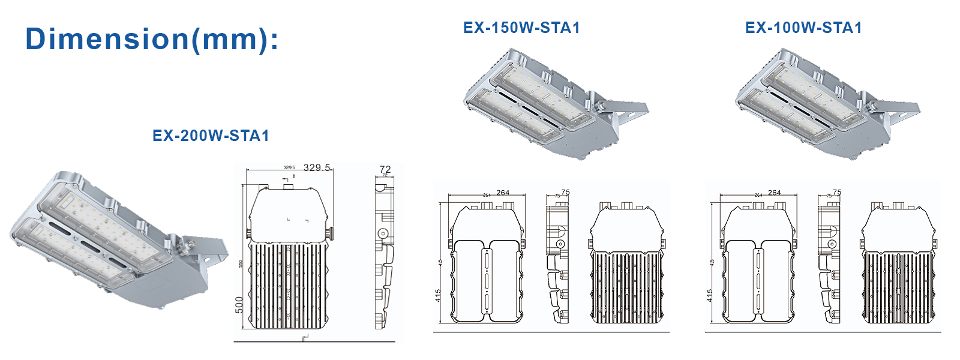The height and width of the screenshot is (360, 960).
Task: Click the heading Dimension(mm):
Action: tap(152, 40)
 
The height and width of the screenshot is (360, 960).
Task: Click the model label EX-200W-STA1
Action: tap(211, 136)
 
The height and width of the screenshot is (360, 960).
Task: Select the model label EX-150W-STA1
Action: tap(521, 28)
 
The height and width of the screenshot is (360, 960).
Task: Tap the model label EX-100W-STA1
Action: tap(803, 28)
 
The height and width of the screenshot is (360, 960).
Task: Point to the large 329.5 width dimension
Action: tap(317, 167)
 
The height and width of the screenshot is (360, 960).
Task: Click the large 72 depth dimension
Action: tap(385, 169)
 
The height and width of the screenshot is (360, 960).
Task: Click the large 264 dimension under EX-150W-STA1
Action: tap(503, 193)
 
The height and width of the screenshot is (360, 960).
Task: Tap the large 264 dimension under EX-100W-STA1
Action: tap(775, 193)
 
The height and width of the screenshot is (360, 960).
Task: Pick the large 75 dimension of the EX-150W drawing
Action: tap(565, 193)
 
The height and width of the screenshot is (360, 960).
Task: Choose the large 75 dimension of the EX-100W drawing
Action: tap(837, 193)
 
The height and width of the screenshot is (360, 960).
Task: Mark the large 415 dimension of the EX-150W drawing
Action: tap(439, 296)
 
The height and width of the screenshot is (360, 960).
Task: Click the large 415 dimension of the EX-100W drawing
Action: tap(710, 296)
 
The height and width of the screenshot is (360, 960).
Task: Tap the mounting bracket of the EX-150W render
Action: tap(627, 110)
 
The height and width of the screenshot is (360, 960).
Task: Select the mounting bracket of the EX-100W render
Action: tap(898, 110)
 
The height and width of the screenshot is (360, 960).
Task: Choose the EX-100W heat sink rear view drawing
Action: tap(899, 264)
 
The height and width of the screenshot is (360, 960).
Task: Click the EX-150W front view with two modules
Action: tap(487, 264)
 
